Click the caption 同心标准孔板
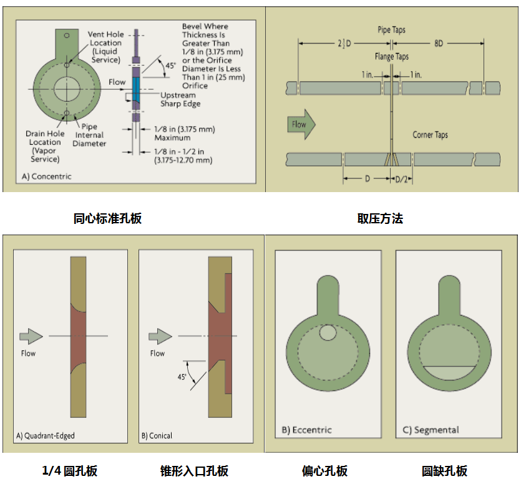(107, 218)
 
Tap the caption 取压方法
(380, 218)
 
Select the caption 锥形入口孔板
(194, 471)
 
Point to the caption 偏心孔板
(324, 471)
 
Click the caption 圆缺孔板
(444, 471)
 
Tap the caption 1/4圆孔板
(70, 471)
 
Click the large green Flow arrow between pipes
(301, 124)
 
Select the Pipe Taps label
(392, 30)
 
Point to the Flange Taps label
(392, 57)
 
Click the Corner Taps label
(430, 135)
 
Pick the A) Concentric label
(47, 177)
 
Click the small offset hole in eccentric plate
(327, 334)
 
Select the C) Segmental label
(431, 430)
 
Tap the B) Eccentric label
(306, 430)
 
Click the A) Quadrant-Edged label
(44, 435)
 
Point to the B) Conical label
(157, 435)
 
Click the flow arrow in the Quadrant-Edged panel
(31, 337)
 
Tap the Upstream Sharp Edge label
(180, 100)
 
